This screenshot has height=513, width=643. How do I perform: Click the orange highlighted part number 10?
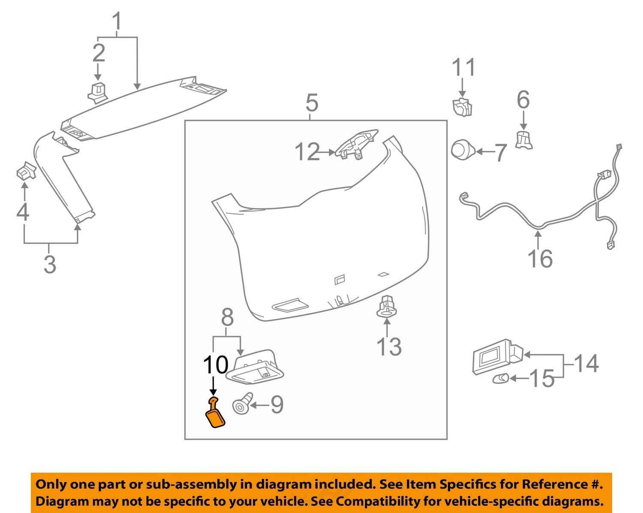pos(215,414)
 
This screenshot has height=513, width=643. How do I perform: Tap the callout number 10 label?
pos(215,365)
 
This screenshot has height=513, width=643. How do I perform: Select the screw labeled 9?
pos(242,404)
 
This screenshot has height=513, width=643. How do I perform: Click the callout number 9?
pos(276,405)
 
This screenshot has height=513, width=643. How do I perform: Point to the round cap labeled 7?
pos(462,150)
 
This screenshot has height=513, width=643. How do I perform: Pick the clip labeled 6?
pos(523,140)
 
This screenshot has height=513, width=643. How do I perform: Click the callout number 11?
pos(463,68)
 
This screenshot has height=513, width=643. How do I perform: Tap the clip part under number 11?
pos(462,107)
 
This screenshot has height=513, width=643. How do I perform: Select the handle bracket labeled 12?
pos(357,144)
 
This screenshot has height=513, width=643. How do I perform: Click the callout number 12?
pos(307,152)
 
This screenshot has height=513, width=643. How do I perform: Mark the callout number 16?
pos(540,259)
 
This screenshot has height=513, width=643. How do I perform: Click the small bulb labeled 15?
pos(500,378)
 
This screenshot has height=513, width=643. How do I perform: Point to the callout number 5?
pos(312,103)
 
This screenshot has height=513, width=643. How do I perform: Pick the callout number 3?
pos(50,264)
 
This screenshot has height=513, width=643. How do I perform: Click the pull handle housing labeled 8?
pos(255,367)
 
